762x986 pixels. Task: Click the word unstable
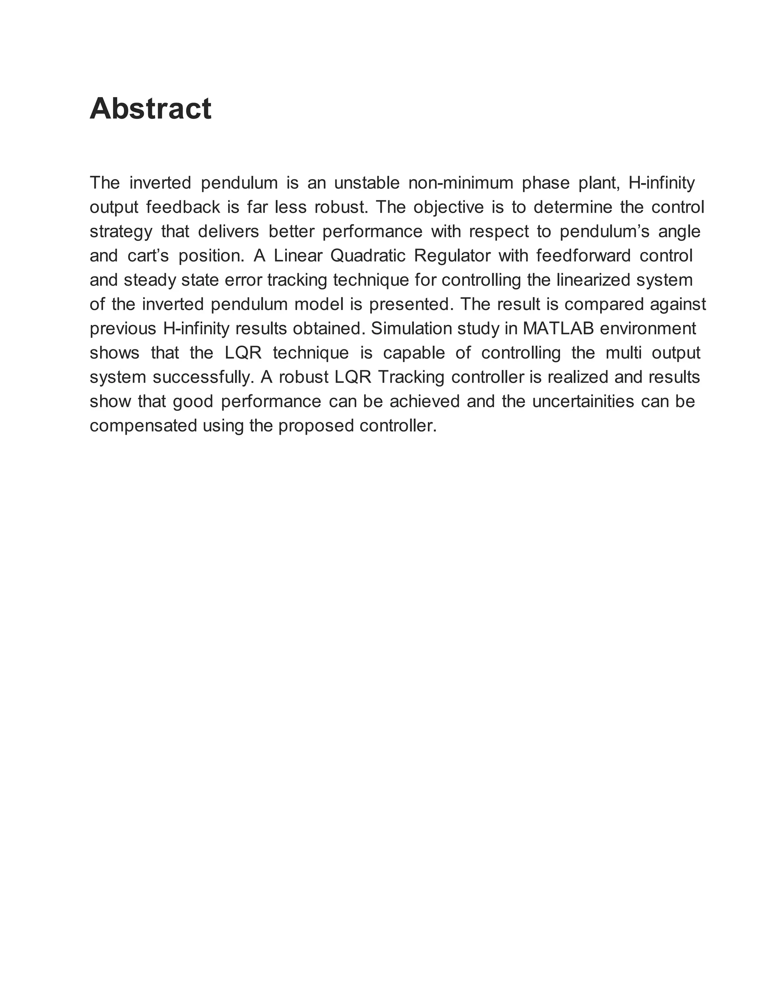tap(366, 183)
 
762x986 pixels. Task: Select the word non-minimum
tap(461, 183)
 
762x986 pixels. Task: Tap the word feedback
tap(183, 207)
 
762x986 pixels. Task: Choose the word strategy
tap(121, 231)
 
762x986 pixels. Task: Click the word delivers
tap(228, 231)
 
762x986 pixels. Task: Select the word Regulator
tap(452, 256)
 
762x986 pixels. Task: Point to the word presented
tap(411, 304)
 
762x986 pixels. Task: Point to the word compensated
tap(144, 426)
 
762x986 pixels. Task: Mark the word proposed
tap(316, 426)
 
